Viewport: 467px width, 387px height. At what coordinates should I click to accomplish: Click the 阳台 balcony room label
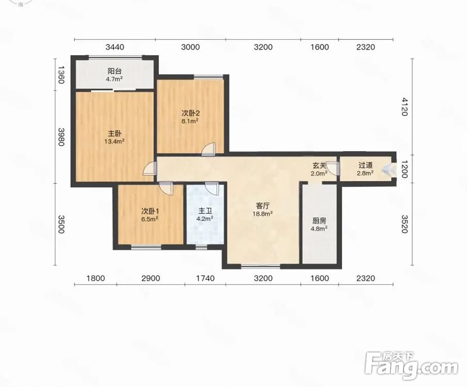click(x=115, y=71)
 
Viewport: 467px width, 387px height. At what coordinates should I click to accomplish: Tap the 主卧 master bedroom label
click(x=115, y=134)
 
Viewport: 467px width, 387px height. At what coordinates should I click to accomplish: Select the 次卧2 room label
click(x=190, y=113)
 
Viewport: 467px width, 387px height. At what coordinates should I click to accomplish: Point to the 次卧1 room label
click(x=150, y=211)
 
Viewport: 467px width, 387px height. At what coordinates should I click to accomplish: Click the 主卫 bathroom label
click(x=205, y=211)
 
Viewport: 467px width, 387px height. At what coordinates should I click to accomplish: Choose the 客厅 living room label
click(x=263, y=206)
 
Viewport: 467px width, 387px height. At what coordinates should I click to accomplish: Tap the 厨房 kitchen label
click(x=319, y=221)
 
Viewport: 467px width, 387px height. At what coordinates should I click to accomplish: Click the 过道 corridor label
click(x=365, y=165)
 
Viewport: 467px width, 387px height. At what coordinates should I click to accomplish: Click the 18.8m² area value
click(x=263, y=214)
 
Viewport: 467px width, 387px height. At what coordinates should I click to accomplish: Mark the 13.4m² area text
click(x=115, y=141)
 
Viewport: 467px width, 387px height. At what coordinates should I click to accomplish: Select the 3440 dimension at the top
click(x=115, y=47)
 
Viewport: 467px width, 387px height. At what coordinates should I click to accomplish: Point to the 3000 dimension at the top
click(x=190, y=47)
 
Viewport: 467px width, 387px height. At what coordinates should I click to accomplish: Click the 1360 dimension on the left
click(x=61, y=75)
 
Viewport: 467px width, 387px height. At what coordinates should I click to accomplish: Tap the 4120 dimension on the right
click(x=404, y=107)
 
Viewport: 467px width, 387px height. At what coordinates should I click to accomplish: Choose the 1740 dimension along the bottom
click(x=205, y=278)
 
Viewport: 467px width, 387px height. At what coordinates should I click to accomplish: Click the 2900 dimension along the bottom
click(x=151, y=278)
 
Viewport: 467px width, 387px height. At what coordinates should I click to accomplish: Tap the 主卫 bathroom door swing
click(x=213, y=188)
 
